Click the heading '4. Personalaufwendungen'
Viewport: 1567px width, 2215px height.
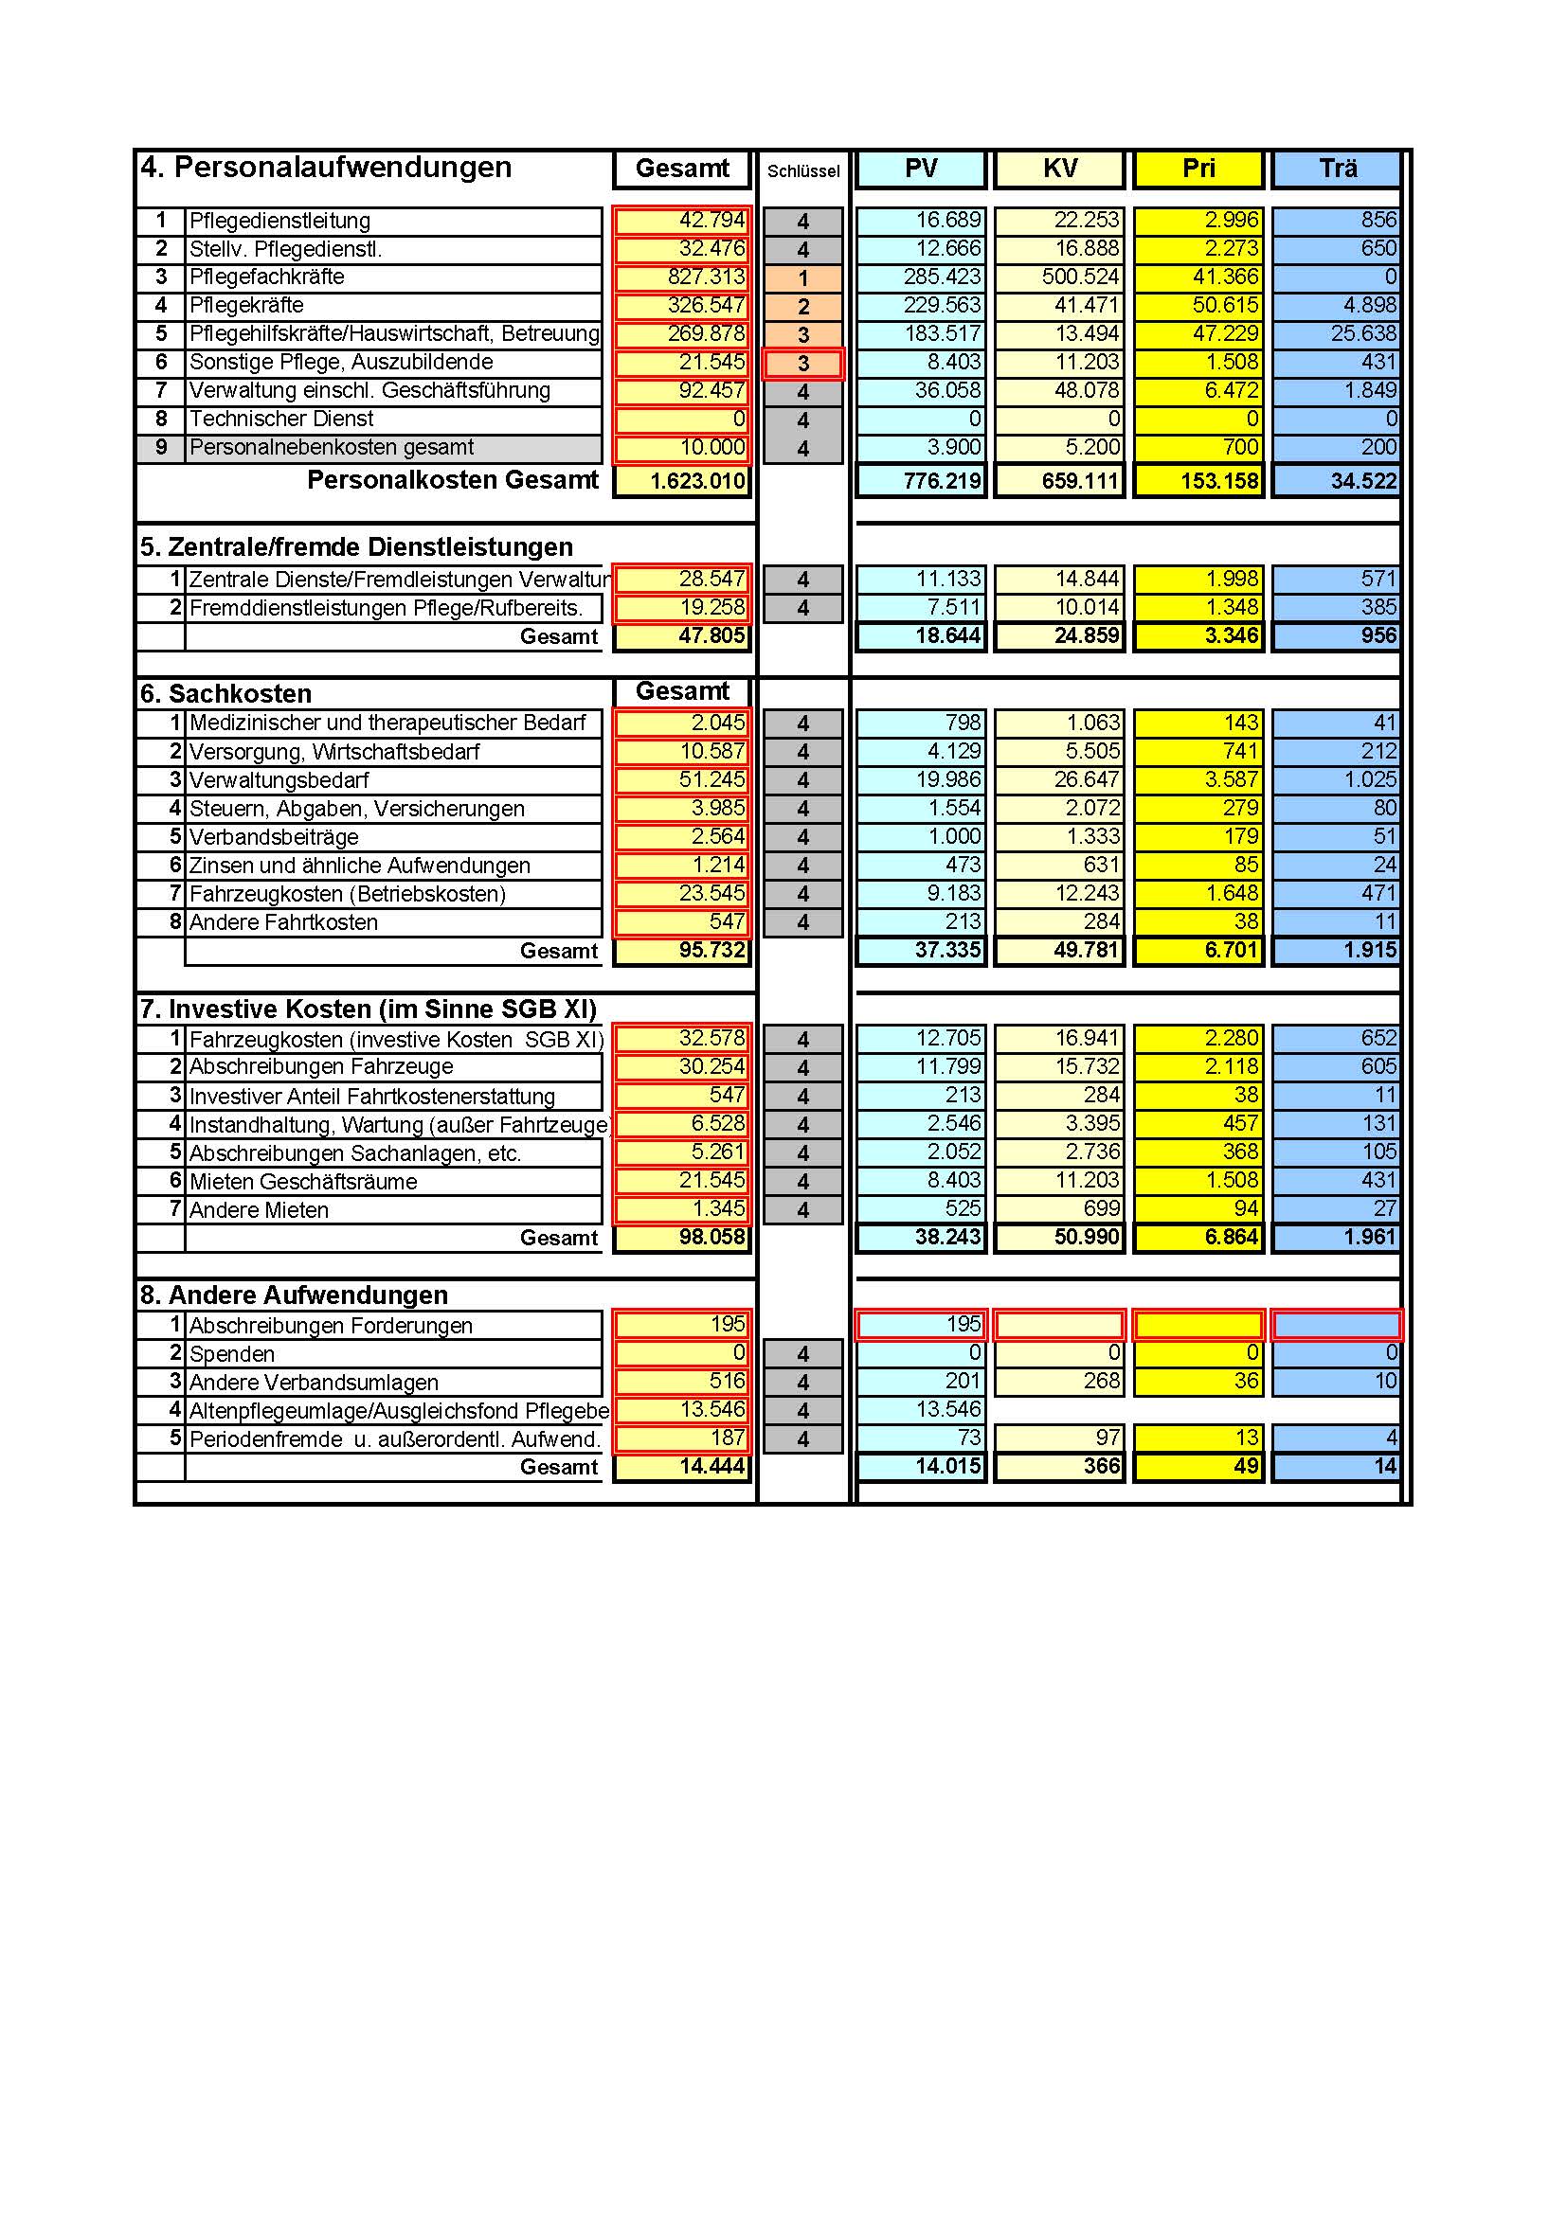(x=326, y=168)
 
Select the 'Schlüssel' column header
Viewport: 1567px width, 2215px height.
(x=802, y=170)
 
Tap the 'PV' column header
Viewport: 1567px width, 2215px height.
(x=921, y=169)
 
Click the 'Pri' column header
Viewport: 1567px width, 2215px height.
(x=1198, y=169)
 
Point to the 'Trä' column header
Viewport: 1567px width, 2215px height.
(x=1337, y=169)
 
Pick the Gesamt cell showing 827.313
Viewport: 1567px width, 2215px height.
(x=682, y=277)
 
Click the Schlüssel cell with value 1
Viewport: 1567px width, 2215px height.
(x=802, y=278)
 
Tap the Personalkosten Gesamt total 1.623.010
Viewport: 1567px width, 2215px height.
(x=682, y=480)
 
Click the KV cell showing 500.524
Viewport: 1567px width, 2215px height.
(x=1059, y=277)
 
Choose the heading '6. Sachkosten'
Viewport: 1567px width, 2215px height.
(x=241, y=693)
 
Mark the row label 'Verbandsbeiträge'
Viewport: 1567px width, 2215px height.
(x=273, y=837)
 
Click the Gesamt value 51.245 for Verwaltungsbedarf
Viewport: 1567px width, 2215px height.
(x=682, y=780)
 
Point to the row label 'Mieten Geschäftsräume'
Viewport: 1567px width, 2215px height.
(x=303, y=1182)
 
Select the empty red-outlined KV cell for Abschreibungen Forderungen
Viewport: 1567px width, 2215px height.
(x=1059, y=1325)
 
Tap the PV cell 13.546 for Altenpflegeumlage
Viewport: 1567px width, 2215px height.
(x=921, y=1409)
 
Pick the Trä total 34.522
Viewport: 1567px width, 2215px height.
(x=1337, y=480)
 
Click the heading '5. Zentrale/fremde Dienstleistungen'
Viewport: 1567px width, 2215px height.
(x=356, y=547)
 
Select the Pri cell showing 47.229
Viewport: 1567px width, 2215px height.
(x=1198, y=334)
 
